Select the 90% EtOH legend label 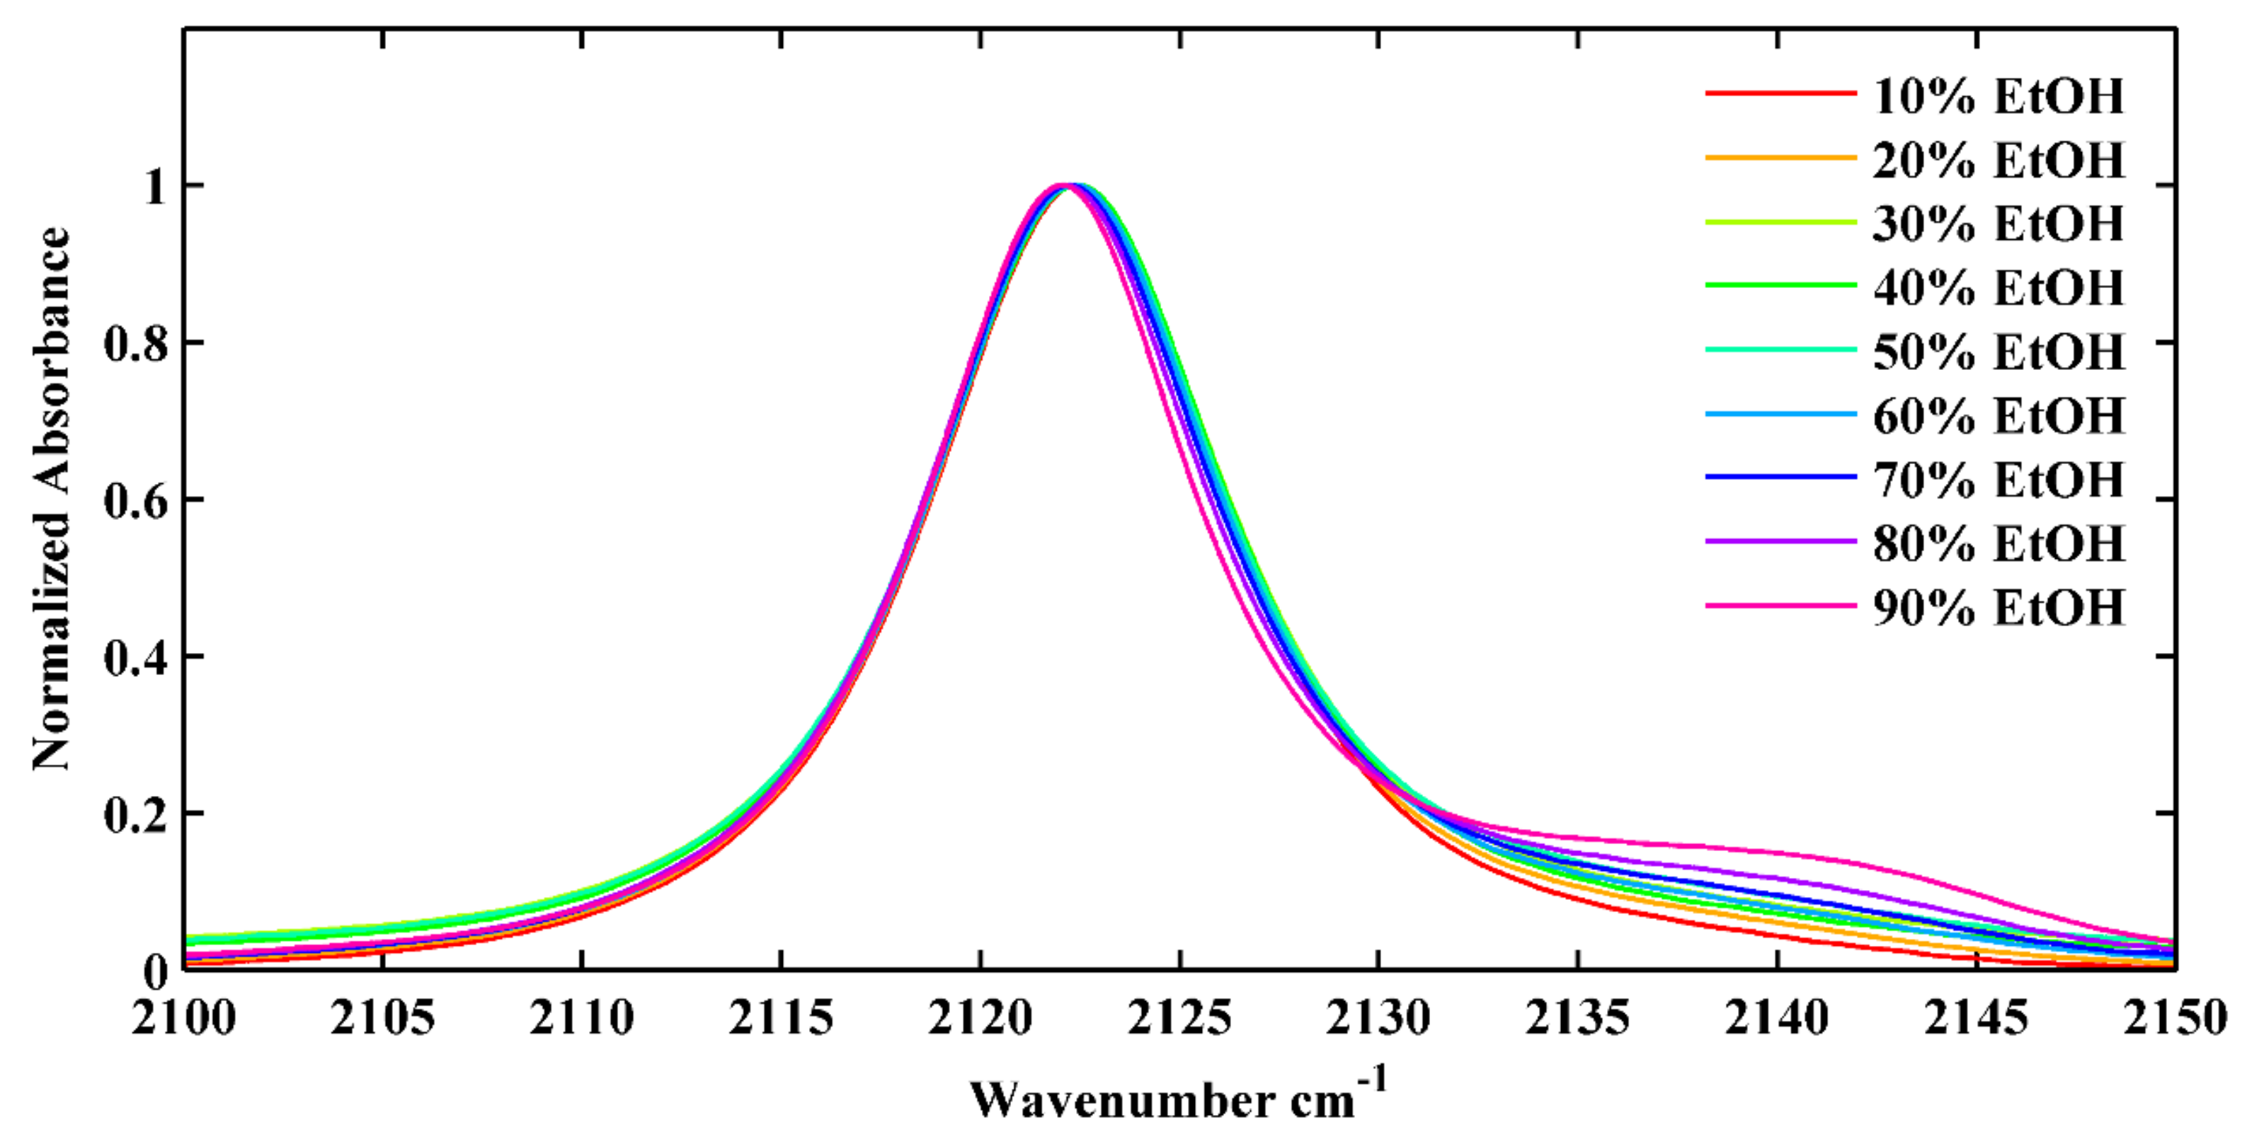point(1998,607)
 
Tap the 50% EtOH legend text point(1998,352)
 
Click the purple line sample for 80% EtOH point(1780,541)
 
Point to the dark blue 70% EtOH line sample point(1780,477)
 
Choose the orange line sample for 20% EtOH point(1780,158)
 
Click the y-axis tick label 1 point(155,187)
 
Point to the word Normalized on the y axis point(50,641)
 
